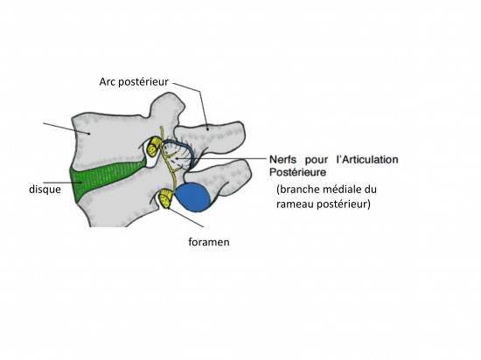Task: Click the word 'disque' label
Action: (45, 190)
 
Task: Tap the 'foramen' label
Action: (209, 242)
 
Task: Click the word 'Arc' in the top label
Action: (108, 82)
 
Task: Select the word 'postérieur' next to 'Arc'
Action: (143, 82)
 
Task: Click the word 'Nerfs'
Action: (282, 160)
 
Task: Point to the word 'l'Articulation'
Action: (366, 160)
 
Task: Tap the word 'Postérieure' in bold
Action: (297, 172)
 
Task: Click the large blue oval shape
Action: (192, 197)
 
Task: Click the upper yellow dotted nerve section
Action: (153, 147)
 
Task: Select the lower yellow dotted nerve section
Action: (166, 198)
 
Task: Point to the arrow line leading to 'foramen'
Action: (185, 218)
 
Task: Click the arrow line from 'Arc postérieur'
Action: (191, 106)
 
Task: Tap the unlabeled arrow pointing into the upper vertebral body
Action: (66, 128)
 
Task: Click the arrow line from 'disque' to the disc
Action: (63, 183)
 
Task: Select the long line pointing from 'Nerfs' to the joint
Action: (220, 158)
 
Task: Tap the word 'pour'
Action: (317, 161)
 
